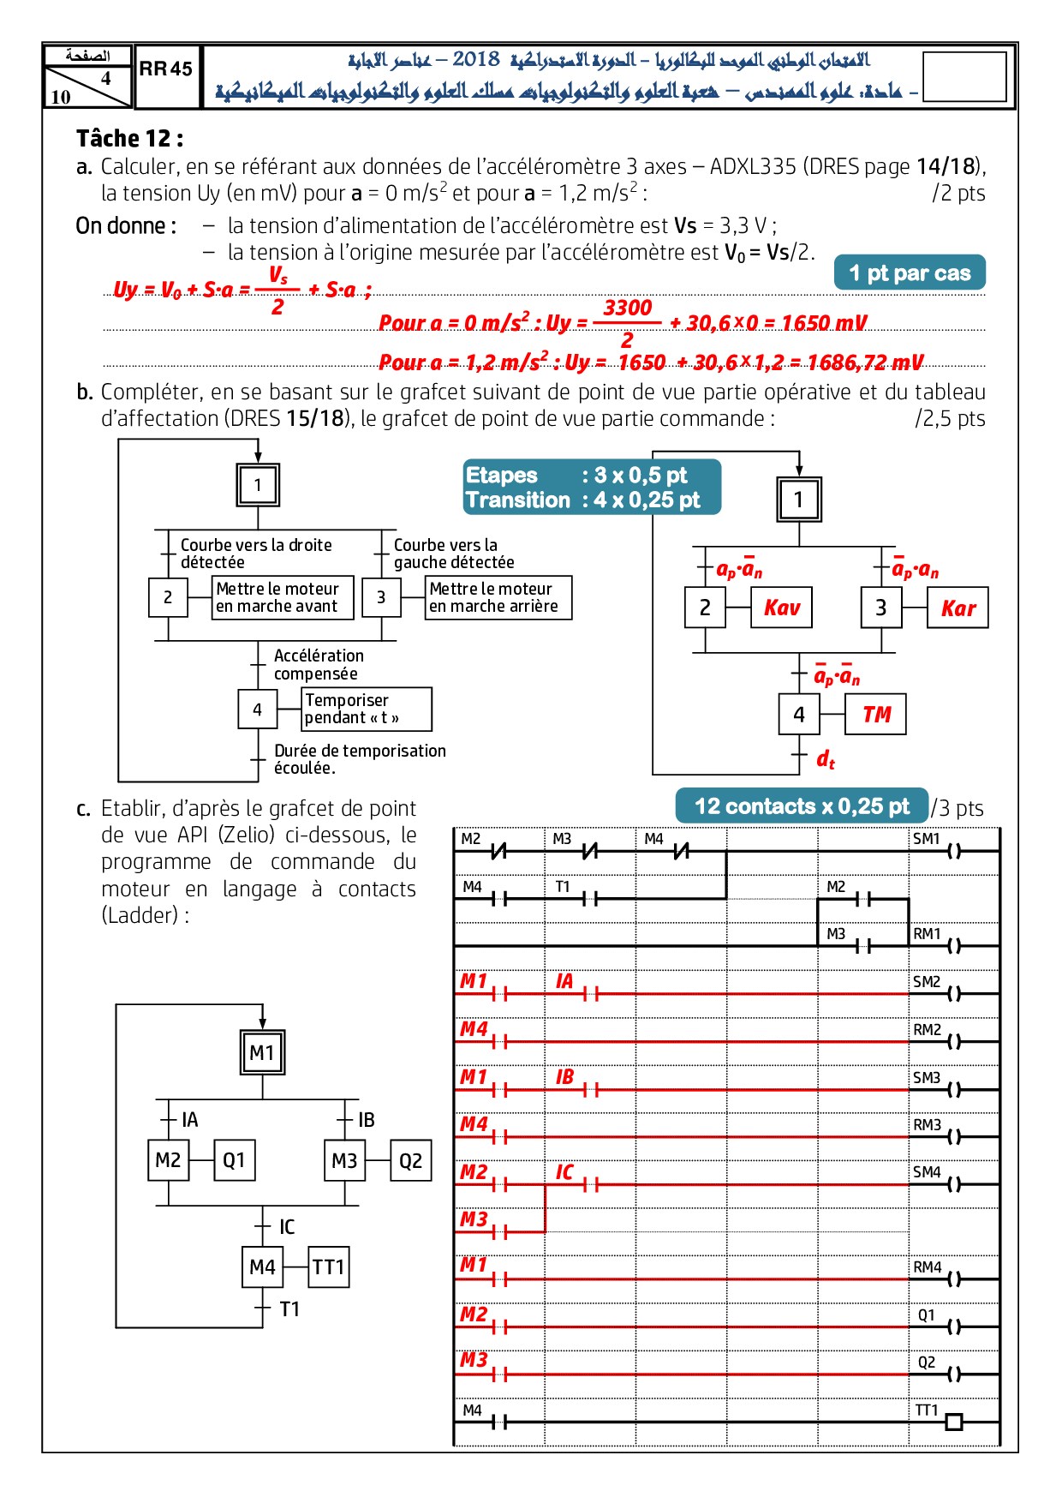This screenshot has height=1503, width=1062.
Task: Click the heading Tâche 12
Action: click(129, 139)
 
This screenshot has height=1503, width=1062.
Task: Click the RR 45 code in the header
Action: click(166, 69)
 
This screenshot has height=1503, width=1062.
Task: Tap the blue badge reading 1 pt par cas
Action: click(910, 273)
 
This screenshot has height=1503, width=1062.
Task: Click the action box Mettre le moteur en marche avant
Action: click(282, 597)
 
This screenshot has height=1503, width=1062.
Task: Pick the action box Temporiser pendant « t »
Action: click(366, 709)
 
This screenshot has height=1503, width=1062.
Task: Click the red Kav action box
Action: click(781, 608)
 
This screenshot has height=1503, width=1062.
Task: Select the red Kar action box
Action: click(958, 608)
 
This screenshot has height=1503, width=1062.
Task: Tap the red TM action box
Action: click(875, 715)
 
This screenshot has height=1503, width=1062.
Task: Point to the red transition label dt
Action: click(825, 759)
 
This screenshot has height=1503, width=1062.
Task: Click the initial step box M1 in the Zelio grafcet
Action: click(262, 1052)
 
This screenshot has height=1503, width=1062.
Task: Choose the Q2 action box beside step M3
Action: click(410, 1161)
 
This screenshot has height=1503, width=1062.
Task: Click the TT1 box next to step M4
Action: click(328, 1267)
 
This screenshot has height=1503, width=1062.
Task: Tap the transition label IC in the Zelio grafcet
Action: click(287, 1227)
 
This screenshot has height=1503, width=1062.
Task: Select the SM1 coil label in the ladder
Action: click(926, 839)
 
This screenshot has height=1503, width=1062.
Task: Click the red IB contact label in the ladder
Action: click(564, 1077)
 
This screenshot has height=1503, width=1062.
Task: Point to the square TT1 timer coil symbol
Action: click(953, 1422)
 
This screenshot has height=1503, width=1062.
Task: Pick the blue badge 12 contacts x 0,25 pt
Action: click(802, 806)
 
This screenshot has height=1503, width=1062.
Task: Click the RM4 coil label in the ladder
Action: click(927, 1267)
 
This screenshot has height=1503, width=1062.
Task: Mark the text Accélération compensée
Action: click(318, 664)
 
